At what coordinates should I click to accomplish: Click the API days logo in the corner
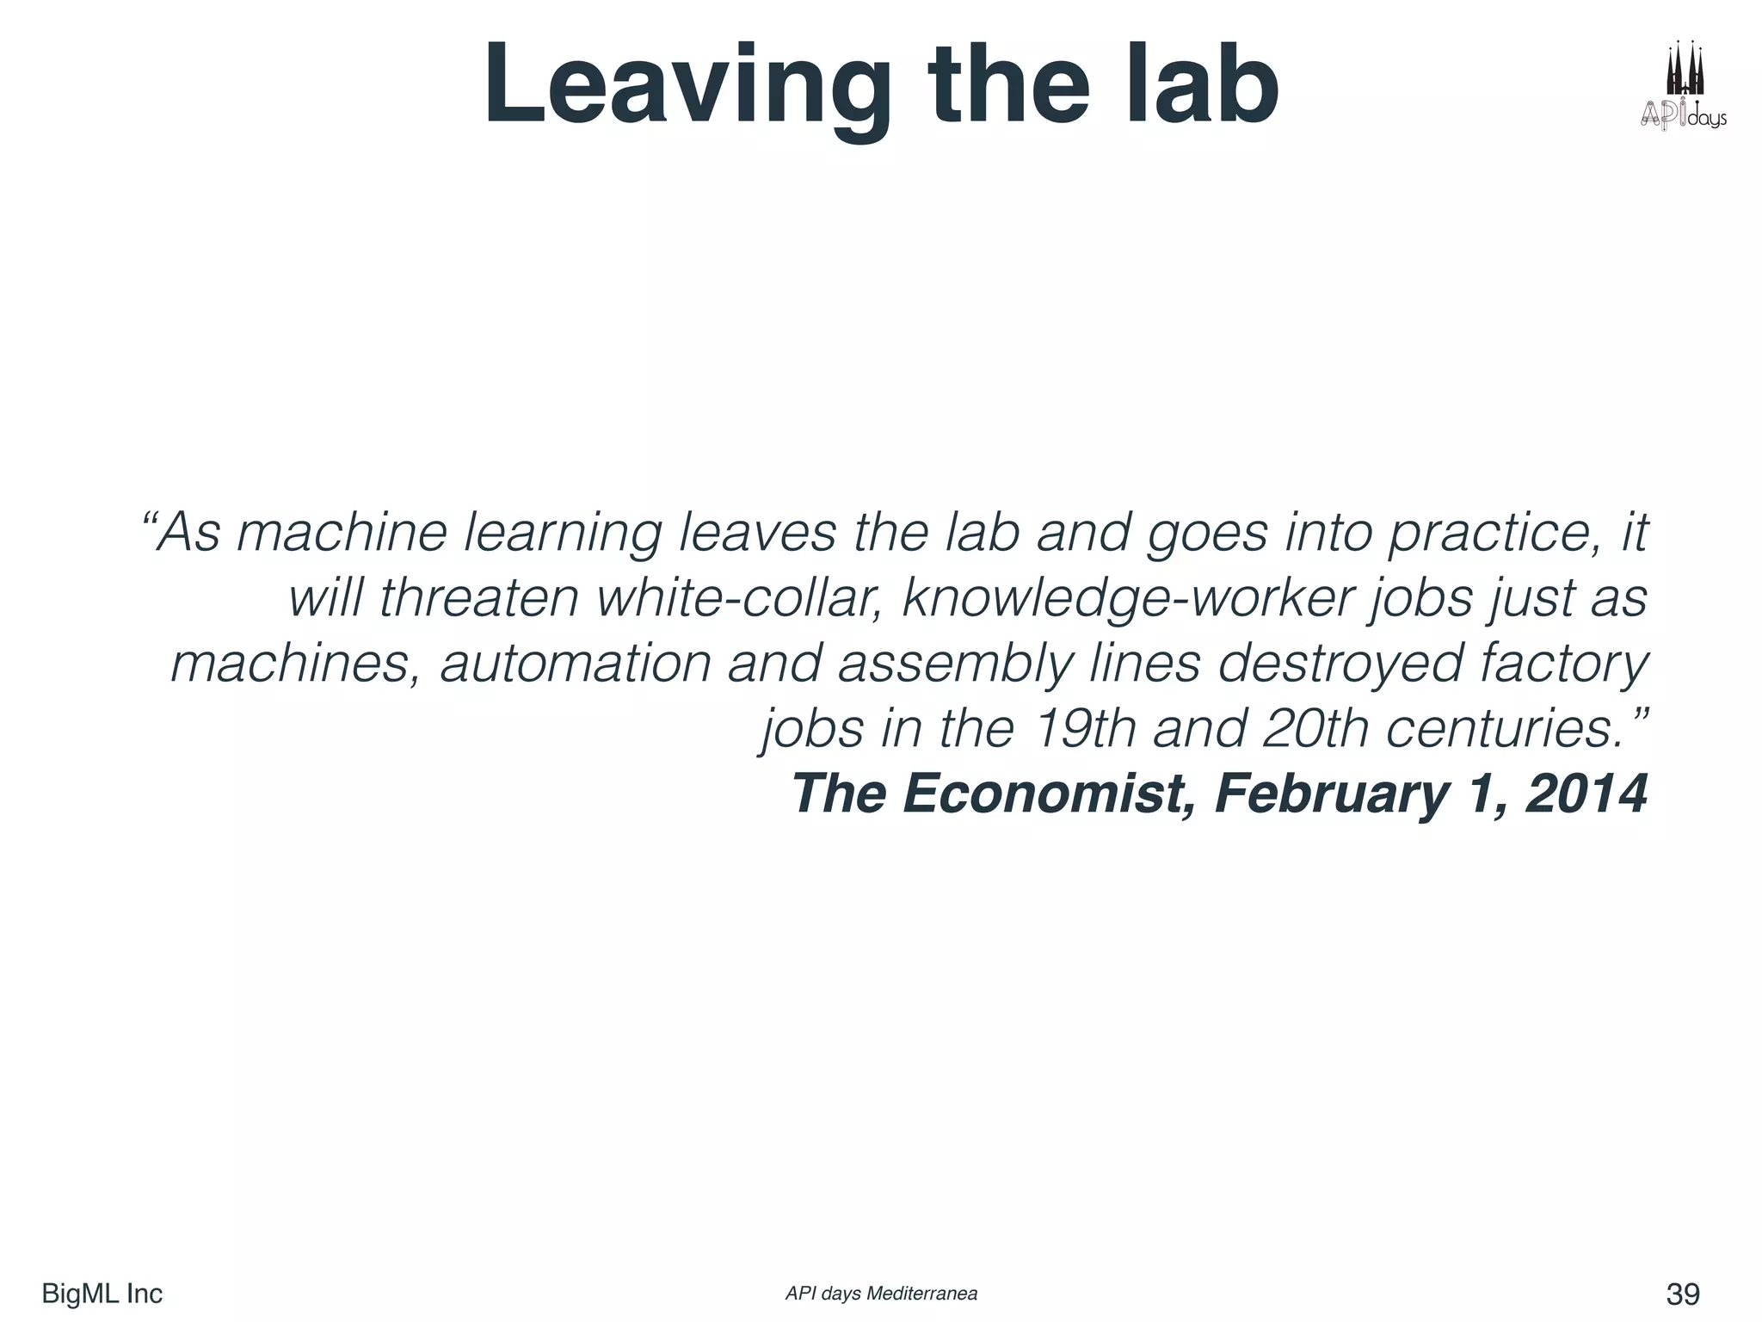click(1682, 86)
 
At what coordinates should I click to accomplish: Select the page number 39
click(1683, 1294)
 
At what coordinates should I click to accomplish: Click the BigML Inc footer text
click(102, 1294)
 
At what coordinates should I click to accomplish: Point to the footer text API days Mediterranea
click(881, 1294)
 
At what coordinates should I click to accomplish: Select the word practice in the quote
click(1495, 533)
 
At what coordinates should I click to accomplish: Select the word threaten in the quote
click(478, 597)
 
